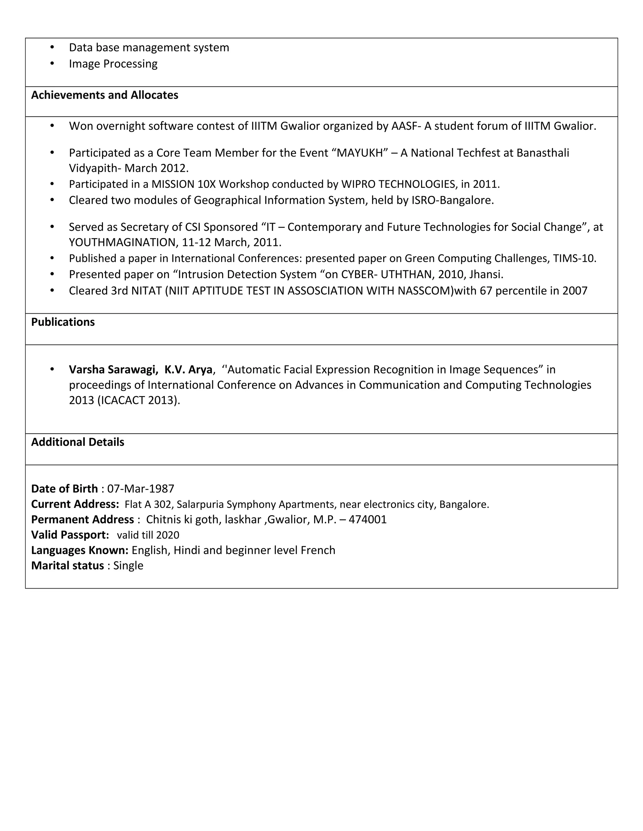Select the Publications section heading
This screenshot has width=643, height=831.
63,322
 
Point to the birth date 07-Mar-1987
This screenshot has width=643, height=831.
141,489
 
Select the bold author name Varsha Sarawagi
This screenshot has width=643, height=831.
113,370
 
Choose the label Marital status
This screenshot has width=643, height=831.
68,566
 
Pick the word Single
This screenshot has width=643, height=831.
128,566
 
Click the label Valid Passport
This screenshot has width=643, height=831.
70,535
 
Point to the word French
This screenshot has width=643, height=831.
318,551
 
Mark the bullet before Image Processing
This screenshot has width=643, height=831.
52,64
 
